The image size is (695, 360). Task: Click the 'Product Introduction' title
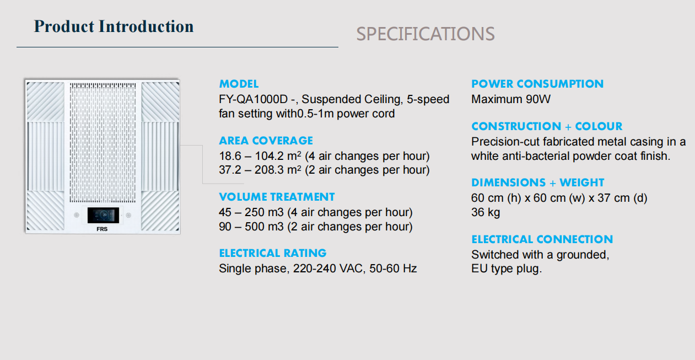114,26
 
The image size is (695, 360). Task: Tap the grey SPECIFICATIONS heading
425,34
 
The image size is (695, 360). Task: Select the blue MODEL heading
239,84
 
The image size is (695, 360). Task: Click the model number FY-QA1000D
254,99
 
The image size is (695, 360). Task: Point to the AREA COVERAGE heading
266,141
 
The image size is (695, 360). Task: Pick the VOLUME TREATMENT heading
277,197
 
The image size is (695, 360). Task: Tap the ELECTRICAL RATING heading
273,253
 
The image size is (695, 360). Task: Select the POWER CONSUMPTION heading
537,84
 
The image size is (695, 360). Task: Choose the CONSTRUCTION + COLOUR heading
547,126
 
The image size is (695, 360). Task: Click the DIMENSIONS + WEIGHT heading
538,182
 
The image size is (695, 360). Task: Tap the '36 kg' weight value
486,212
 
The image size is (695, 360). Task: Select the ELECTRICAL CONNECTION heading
542,239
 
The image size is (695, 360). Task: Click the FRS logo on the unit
102,229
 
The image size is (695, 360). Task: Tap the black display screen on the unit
103,215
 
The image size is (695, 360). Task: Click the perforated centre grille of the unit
103,142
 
